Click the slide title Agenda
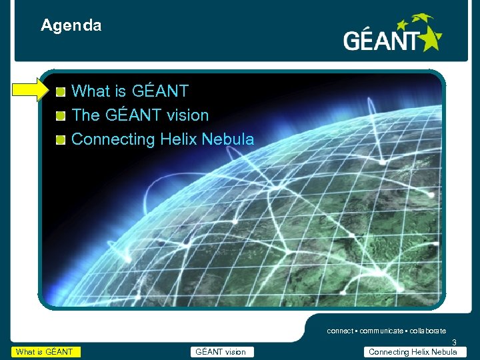click(71, 26)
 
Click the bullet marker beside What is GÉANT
click(61, 91)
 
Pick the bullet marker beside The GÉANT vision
click(61, 115)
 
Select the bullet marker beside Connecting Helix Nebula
click(61, 139)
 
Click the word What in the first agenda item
click(91, 91)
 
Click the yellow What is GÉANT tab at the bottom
click(45, 352)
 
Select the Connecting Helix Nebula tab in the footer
click(413, 352)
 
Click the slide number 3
click(454, 343)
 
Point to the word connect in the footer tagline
click(341, 331)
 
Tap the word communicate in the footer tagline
click(381, 331)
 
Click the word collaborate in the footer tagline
click(427, 331)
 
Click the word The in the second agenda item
click(85, 115)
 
